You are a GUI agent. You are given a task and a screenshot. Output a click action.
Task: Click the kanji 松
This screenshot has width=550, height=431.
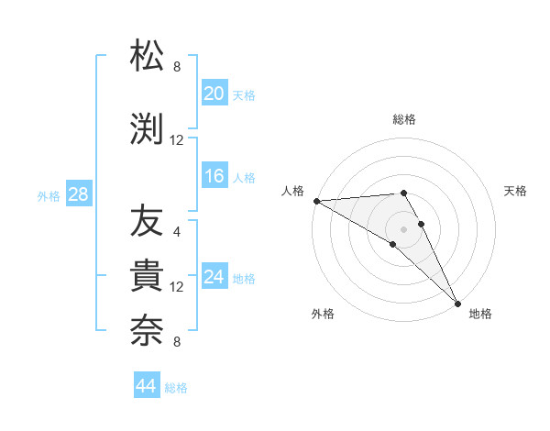tap(147, 56)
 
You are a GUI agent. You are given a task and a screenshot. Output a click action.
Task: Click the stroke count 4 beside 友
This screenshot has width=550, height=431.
tap(177, 232)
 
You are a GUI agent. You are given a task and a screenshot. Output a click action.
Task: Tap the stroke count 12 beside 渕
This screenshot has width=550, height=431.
tap(177, 140)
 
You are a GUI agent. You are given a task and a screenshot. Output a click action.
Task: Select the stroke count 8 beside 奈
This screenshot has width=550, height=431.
tap(177, 342)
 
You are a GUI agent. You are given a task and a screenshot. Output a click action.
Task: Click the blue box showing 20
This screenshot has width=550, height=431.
tap(214, 94)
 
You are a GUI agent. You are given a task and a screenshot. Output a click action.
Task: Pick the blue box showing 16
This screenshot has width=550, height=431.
tap(214, 176)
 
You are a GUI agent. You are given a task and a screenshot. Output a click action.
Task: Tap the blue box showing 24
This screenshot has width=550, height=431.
tap(214, 277)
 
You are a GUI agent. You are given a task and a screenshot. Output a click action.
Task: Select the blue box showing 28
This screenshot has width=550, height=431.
tap(78, 194)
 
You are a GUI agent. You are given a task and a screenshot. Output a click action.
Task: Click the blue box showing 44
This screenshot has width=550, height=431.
tap(146, 386)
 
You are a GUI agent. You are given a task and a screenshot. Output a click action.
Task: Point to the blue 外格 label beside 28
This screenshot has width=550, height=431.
tap(49, 195)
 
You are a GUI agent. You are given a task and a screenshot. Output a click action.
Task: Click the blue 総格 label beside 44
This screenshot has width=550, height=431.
tap(176, 388)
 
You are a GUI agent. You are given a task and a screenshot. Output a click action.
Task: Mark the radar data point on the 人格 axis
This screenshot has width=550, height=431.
tap(316, 201)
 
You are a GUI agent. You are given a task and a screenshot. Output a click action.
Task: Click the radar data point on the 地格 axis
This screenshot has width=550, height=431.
tap(457, 303)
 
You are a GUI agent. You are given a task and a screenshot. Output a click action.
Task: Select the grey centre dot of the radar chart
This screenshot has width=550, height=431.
tap(403, 228)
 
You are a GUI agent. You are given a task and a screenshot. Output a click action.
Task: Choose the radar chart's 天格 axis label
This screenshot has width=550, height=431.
tap(516, 191)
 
